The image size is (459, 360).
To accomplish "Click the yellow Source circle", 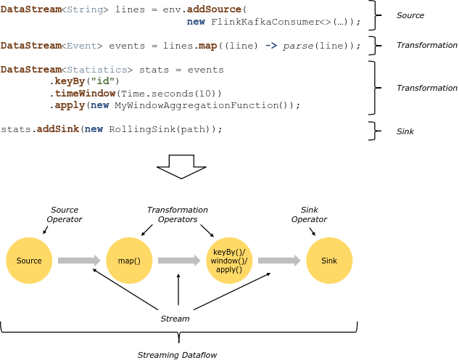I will (29, 261).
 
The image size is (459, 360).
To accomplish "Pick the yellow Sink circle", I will (328, 261).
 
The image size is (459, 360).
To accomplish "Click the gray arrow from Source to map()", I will (79, 261).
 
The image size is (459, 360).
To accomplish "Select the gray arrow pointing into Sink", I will (280, 261).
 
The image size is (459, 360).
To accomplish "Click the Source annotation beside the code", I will (410, 15).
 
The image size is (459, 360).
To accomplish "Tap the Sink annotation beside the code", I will (406, 132).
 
